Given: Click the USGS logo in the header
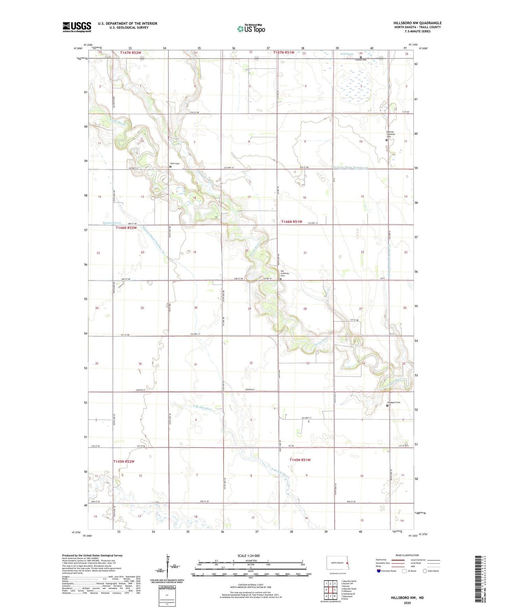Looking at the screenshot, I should [x=77, y=27].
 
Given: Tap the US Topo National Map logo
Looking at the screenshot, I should [x=251, y=28].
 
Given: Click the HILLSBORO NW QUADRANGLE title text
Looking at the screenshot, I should [x=417, y=23].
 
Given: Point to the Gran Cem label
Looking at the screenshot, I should [x=175, y=164].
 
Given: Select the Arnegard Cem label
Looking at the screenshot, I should [x=394, y=402].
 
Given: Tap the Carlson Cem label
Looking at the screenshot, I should [x=360, y=60].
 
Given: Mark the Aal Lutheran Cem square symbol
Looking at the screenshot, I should [x=281, y=279].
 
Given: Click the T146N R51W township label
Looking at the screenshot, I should [x=292, y=222].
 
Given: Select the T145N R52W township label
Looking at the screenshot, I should [x=124, y=462].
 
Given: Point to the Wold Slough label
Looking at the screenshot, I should [x=347, y=54].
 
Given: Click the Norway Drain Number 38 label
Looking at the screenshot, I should [x=350, y=167].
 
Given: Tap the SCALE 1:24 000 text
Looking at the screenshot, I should [x=248, y=556].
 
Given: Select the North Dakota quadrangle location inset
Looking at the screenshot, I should [x=337, y=563].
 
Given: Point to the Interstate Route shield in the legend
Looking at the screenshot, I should [x=379, y=571].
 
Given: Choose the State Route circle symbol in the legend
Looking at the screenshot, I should [x=425, y=571].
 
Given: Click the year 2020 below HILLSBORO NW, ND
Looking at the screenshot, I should [x=407, y=602].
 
